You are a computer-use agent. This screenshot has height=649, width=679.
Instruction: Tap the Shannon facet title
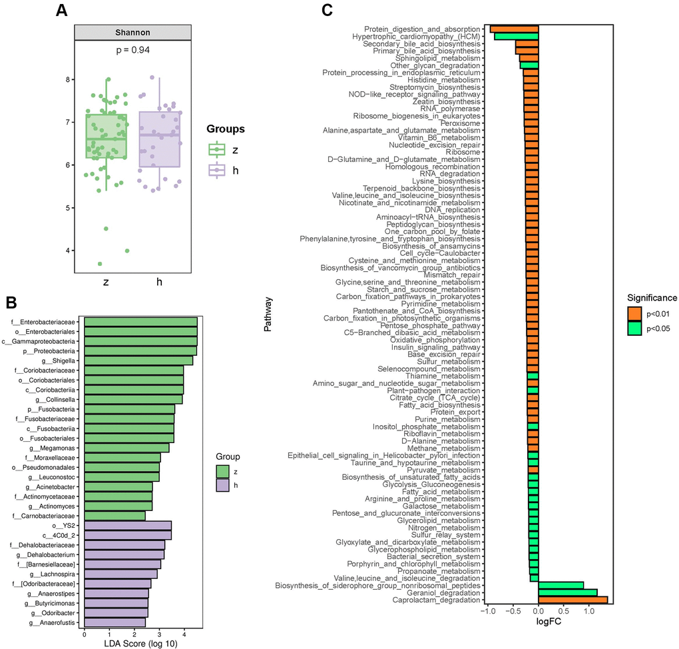click(x=133, y=33)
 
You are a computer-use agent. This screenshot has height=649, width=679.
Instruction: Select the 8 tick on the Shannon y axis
click(x=67, y=80)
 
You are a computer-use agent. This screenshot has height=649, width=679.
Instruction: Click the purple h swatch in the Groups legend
click(x=216, y=170)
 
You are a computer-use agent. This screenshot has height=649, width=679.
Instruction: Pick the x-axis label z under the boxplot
click(x=106, y=282)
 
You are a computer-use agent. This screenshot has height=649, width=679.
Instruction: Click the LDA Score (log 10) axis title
click(x=140, y=644)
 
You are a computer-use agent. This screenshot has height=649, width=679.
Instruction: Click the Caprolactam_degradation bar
click(x=572, y=600)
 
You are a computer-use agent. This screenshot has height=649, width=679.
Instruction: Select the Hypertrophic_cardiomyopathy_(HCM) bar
click(x=516, y=37)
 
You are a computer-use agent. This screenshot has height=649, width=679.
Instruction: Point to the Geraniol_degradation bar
click(x=568, y=592)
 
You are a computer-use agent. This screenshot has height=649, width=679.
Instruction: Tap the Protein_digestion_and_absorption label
click(x=422, y=29)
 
